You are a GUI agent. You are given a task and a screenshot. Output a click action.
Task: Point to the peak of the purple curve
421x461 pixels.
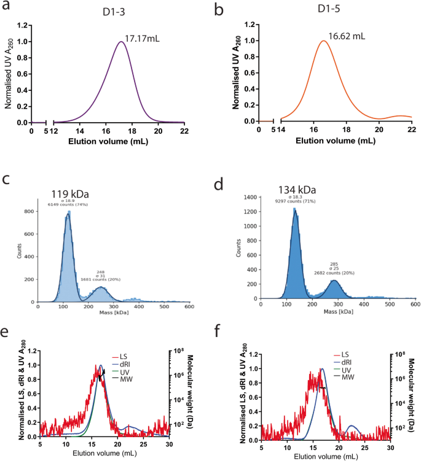click(121, 42)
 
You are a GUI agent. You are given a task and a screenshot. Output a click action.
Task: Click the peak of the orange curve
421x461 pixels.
click(323, 41)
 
